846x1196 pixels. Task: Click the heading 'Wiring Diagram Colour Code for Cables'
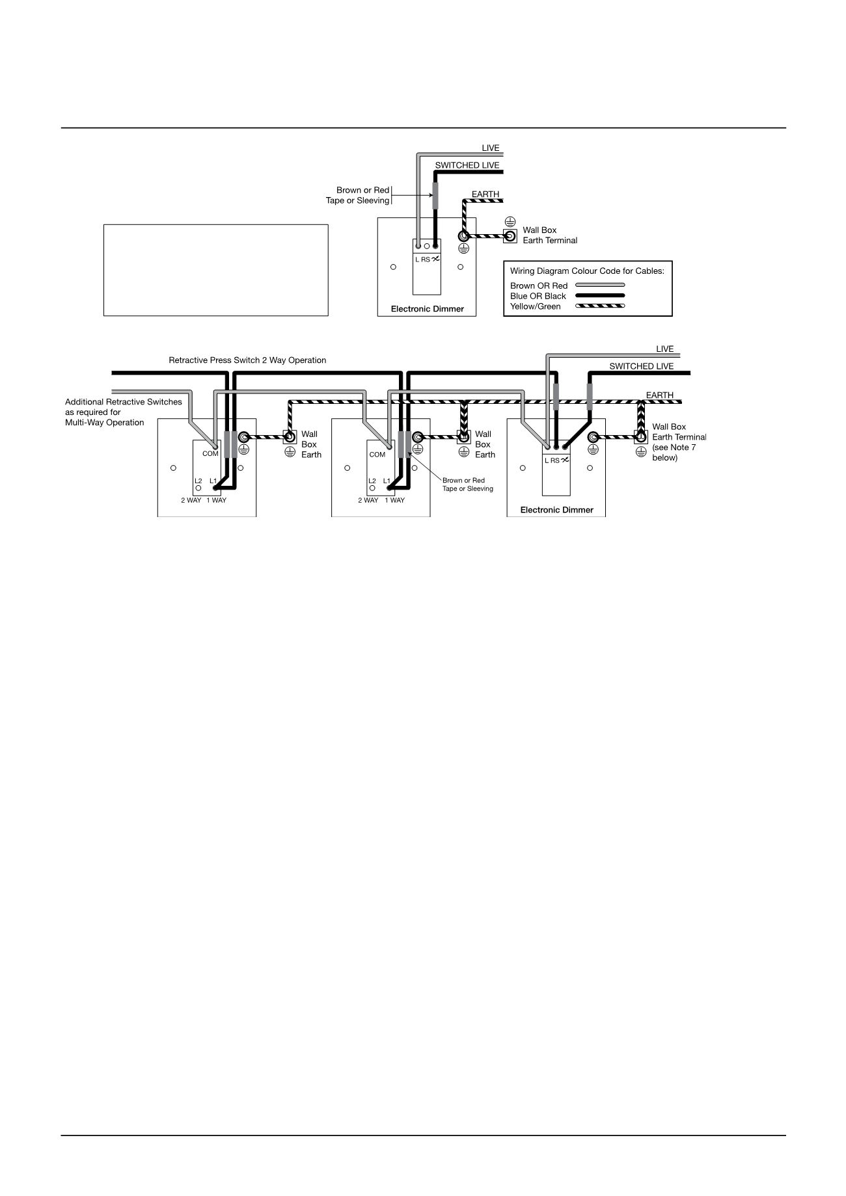587,271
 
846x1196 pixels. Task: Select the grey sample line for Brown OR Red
600,286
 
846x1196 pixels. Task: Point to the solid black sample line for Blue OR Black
600,296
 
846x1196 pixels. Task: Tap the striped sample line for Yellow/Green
600,306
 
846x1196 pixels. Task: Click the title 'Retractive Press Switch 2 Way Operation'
247,360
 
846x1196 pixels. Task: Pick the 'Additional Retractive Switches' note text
124,412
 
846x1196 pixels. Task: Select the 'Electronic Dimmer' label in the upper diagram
427,309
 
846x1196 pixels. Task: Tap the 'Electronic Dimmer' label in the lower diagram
556,510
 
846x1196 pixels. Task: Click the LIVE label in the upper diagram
490,148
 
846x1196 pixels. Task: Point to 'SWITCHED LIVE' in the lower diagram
641,366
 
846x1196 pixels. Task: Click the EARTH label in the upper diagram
485,194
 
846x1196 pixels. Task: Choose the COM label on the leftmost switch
210,454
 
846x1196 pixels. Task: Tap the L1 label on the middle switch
387,481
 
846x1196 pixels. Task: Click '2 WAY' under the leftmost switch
191,501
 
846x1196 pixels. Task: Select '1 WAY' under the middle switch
394,501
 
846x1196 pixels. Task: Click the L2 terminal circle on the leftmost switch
198,488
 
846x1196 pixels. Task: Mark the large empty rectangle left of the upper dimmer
215,271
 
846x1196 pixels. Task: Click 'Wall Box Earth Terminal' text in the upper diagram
549,235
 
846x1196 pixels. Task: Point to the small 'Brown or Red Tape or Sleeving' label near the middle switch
467,485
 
